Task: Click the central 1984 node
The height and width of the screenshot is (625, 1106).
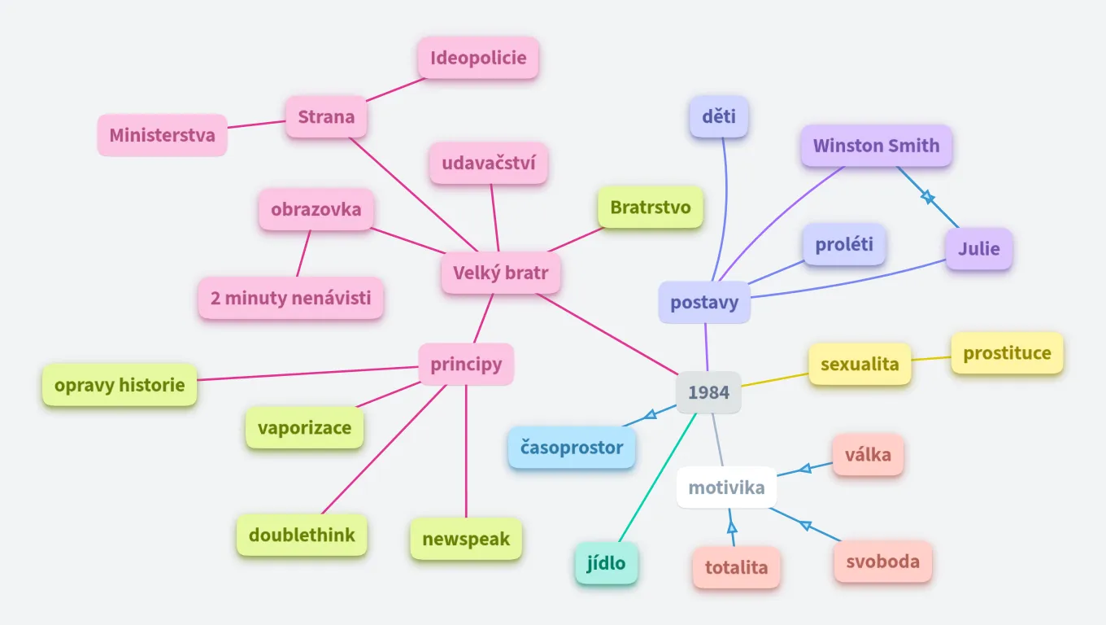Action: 708,392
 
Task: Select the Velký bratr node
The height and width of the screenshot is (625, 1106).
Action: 501,273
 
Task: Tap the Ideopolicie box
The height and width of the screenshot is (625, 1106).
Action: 478,58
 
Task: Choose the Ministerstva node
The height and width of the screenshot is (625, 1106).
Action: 163,135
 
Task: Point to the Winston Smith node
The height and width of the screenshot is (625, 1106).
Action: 876,146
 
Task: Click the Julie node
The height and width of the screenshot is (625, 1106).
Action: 978,248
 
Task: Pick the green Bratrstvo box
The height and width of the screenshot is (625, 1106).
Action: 651,207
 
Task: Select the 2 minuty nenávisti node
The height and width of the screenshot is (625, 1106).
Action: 290,298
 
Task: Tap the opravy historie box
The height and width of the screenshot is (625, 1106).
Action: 120,385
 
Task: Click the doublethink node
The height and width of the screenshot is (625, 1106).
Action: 302,535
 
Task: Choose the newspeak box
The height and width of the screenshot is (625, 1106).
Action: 466,539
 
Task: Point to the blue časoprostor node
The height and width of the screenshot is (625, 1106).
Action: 572,447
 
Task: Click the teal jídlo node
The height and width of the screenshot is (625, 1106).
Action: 607,562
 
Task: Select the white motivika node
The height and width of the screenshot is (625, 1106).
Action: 726,487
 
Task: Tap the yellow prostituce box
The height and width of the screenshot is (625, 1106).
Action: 1007,353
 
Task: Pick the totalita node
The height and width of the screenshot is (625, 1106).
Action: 736,567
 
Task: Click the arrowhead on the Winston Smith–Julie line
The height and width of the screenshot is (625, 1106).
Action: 927,196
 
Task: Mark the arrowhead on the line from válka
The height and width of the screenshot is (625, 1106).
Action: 805,468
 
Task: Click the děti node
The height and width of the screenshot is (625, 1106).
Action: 718,116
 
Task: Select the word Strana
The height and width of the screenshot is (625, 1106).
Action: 326,116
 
